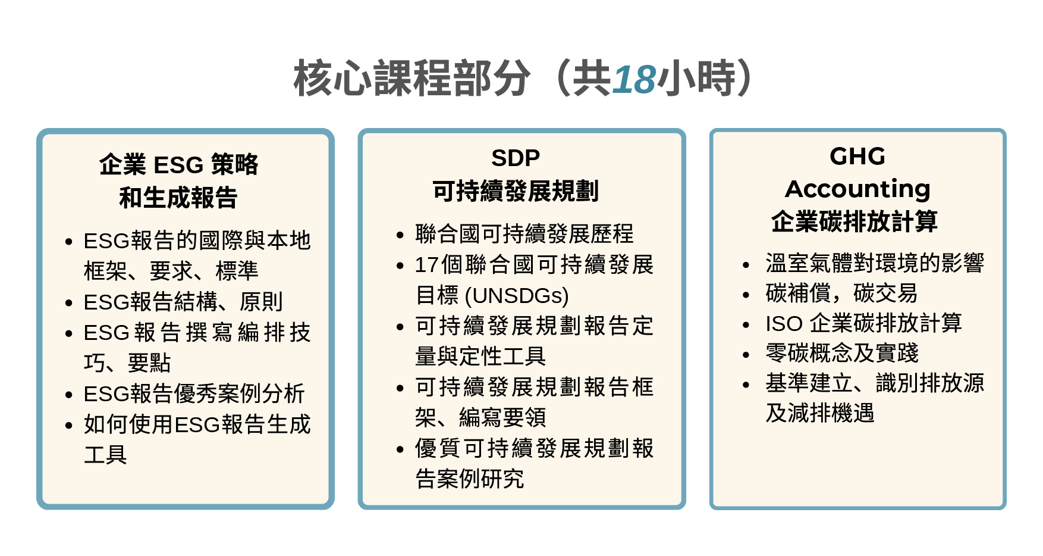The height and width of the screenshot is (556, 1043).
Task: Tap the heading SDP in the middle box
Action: (x=516, y=158)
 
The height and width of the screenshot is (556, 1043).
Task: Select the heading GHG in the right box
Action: (x=857, y=157)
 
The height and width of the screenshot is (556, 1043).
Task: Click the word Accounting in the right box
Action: (x=857, y=189)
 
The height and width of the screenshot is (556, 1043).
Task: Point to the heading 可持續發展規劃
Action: (x=516, y=191)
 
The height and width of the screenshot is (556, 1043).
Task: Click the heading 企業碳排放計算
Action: (x=854, y=221)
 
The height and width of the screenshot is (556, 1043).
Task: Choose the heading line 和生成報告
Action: (x=178, y=198)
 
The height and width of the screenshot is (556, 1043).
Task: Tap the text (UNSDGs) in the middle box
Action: (x=517, y=295)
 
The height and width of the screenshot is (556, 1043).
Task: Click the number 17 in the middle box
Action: (x=426, y=265)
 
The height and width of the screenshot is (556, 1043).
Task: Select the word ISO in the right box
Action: (x=784, y=324)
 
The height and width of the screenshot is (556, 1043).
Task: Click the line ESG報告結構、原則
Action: (x=183, y=302)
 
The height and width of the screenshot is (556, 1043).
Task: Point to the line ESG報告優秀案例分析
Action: (x=194, y=393)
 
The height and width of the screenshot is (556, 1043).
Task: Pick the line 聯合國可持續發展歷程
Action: (x=524, y=234)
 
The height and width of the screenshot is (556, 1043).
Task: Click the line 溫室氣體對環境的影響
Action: (x=875, y=263)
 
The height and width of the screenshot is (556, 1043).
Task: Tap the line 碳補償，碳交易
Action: (x=841, y=293)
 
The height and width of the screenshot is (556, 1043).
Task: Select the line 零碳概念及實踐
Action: (x=842, y=353)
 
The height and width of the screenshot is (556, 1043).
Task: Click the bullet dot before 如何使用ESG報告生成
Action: (x=69, y=425)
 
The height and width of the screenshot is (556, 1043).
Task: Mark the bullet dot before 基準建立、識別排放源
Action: (x=746, y=385)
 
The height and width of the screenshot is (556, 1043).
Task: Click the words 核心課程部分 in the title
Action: (x=411, y=79)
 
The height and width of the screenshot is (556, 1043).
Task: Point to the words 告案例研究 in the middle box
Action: (x=470, y=479)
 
